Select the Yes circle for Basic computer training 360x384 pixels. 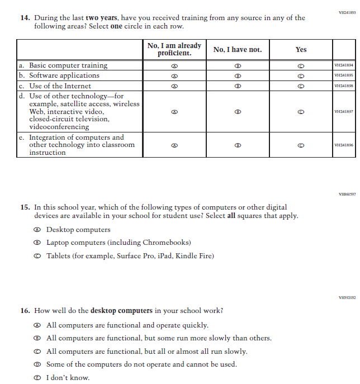(x=301, y=65)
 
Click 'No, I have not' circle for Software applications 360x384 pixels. (x=238, y=75)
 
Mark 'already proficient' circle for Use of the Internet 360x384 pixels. (x=174, y=86)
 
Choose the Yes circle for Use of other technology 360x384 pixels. (x=301, y=112)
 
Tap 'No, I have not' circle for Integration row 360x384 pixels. (x=238, y=145)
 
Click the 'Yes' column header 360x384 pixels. (x=301, y=49)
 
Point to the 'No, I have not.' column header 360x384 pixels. (x=238, y=49)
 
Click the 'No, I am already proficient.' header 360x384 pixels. (x=174, y=49)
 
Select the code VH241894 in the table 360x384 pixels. (x=343, y=65)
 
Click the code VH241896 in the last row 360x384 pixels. (x=343, y=145)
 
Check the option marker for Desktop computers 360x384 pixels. (x=37, y=230)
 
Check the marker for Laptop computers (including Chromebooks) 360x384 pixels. (x=37, y=243)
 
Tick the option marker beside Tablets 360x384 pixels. (x=37, y=256)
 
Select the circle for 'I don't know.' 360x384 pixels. (x=37, y=378)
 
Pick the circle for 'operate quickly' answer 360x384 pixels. (x=37, y=325)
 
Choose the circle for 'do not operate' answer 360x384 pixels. (x=37, y=364)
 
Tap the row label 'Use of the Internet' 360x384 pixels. (x=60, y=86)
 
